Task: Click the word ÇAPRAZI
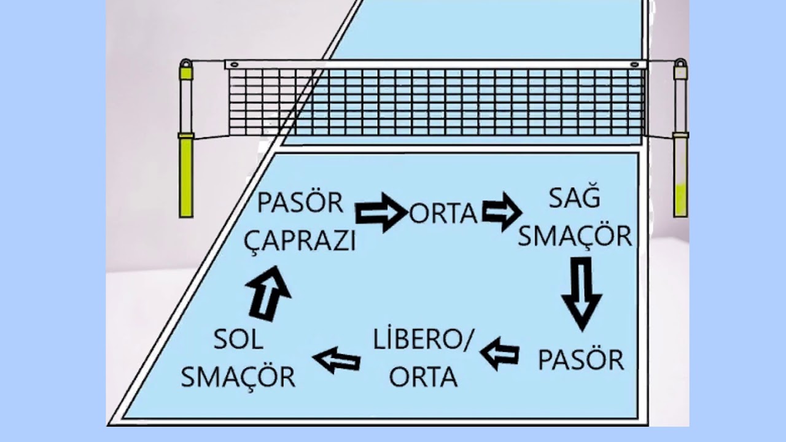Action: pyautogui.click(x=300, y=241)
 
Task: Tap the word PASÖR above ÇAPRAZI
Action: pyautogui.click(x=300, y=202)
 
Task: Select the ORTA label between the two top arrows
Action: pyautogui.click(x=443, y=214)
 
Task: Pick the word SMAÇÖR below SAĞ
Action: pyautogui.click(x=575, y=236)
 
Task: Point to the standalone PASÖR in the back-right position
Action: pyautogui.click(x=581, y=359)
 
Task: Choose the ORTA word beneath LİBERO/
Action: pyautogui.click(x=423, y=377)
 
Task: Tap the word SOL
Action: pyautogui.click(x=238, y=339)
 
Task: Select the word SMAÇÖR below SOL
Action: pyautogui.click(x=238, y=378)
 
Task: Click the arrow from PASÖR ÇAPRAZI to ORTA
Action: pyautogui.click(x=381, y=212)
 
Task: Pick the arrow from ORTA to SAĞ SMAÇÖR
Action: pyautogui.click(x=502, y=212)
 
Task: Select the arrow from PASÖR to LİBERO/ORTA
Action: pyautogui.click(x=499, y=354)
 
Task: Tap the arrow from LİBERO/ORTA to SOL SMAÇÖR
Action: pyautogui.click(x=337, y=360)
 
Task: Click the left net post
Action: pyautogui.click(x=186, y=138)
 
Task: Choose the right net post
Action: pyautogui.click(x=681, y=138)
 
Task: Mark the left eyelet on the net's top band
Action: pyautogui.click(x=235, y=64)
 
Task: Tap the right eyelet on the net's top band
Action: pyautogui.click(x=634, y=64)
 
